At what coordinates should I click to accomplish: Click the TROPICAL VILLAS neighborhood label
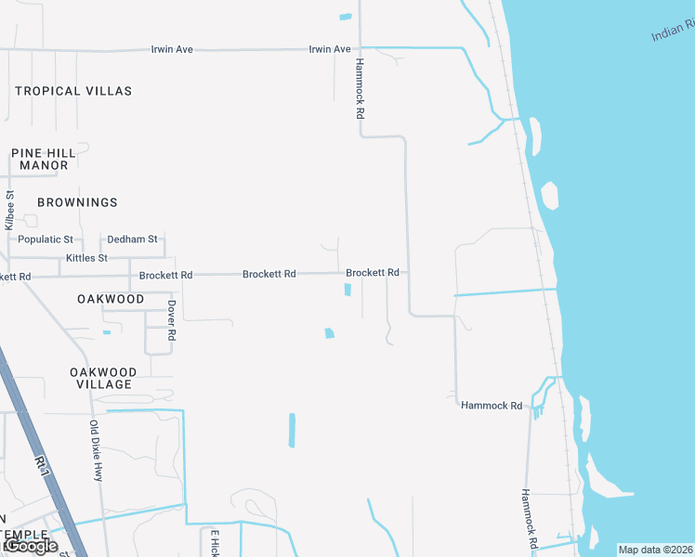73,91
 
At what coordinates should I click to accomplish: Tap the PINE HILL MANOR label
40,159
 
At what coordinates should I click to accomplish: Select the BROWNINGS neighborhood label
77,202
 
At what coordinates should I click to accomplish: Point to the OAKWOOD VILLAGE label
103,378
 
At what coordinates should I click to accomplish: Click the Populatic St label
46,240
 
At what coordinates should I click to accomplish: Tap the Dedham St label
132,240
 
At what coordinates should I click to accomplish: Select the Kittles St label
86,257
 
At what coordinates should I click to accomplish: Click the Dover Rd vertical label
172,320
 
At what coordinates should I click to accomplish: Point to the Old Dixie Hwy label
95,451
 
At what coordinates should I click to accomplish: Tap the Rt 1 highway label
41,468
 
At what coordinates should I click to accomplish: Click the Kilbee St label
10,211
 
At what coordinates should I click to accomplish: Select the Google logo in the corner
30,546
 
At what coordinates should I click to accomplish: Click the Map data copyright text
655,550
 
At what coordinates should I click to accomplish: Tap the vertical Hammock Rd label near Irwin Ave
359,88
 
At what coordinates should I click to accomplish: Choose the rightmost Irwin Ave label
330,48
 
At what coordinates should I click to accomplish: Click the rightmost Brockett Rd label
373,273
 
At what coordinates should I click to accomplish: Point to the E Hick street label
214,543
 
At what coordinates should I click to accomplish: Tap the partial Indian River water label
672,33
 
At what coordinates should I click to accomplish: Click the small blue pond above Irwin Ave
346,17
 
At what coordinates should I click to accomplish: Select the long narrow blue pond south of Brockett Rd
292,430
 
